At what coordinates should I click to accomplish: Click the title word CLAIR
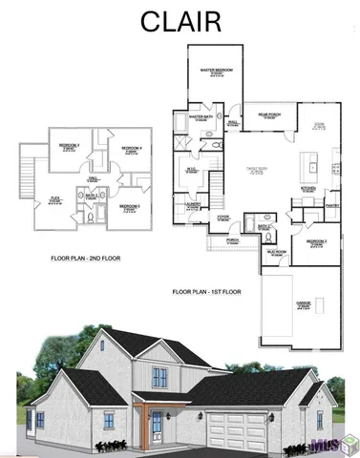180,21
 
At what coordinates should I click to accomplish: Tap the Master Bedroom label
217,71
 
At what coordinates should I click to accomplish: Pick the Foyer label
222,218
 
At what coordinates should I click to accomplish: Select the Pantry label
332,204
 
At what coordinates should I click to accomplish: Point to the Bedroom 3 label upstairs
69,147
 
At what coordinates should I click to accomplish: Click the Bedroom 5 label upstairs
130,206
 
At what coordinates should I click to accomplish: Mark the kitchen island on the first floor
311,164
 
